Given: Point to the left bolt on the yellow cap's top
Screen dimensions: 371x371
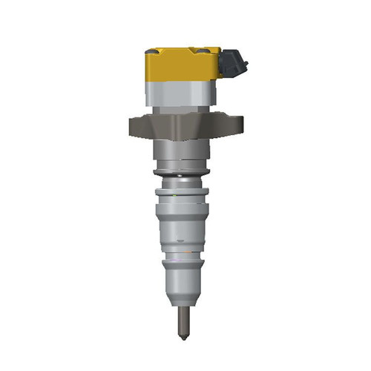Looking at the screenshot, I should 152,51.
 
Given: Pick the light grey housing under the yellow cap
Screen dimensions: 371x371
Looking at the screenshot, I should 181,95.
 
